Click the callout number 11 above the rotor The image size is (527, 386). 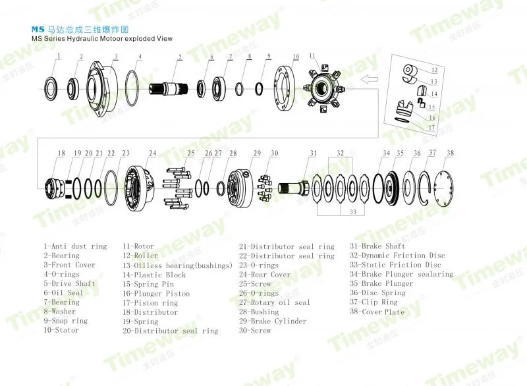(312, 56)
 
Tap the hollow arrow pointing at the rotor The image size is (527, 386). (369, 80)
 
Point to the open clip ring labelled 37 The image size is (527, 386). (419, 188)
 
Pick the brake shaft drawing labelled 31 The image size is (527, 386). (293, 188)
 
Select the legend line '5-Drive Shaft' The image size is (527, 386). (69, 283)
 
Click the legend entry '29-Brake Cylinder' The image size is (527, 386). (273, 321)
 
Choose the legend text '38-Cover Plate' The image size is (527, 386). (377, 312)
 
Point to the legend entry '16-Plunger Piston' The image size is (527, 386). (156, 293)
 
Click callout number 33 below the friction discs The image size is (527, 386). (352, 211)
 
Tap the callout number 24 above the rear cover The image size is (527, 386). (152, 153)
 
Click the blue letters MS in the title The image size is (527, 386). (38, 30)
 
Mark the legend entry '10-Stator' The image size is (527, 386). (61, 330)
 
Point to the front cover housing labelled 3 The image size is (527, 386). (102, 89)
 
